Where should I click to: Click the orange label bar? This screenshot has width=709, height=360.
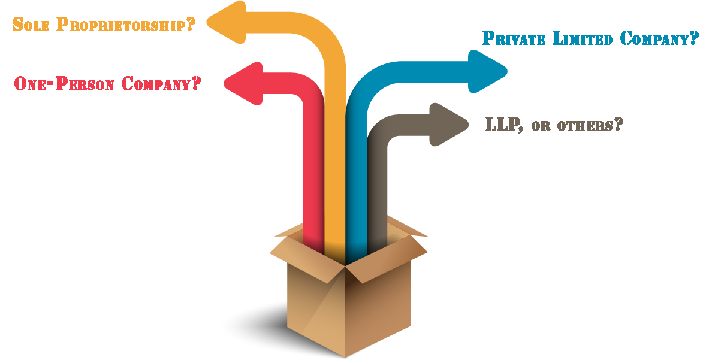click(x=102, y=25)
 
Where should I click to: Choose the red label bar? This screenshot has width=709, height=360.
click(x=102, y=83)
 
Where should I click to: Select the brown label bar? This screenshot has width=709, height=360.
click(x=554, y=125)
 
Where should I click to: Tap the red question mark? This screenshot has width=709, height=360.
click(x=195, y=83)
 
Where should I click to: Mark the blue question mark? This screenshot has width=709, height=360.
click(x=693, y=38)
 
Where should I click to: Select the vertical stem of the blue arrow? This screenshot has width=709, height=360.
click(x=356, y=180)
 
